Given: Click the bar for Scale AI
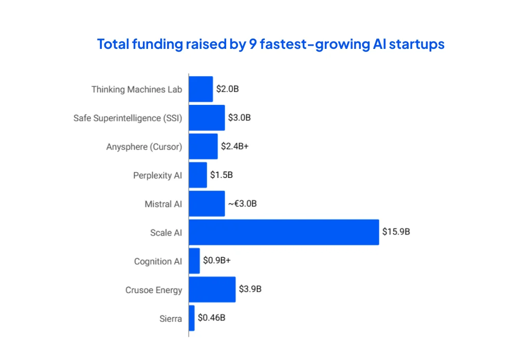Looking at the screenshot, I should point(284,232).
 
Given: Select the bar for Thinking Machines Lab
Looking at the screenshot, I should point(201,89).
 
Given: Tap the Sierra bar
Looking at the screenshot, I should point(192,318).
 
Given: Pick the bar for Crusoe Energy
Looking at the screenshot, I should point(212,290).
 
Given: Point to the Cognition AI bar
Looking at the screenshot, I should point(194,261).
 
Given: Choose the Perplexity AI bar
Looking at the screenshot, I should point(198,175).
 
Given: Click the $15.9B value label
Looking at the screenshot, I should point(396,232).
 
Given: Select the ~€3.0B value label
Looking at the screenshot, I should point(242,204).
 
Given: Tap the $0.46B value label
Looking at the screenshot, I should point(211,318).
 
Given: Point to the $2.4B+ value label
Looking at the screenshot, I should point(235,146).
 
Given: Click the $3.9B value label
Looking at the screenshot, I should point(250,289).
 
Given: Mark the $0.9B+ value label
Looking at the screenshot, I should point(217,261).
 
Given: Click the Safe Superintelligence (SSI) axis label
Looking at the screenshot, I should point(127,118).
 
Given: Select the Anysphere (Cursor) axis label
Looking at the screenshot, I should point(144,147).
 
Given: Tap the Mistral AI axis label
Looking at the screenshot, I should point(163,204).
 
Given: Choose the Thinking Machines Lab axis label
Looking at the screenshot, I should point(137,89).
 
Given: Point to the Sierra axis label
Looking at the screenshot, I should point(171,319).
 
